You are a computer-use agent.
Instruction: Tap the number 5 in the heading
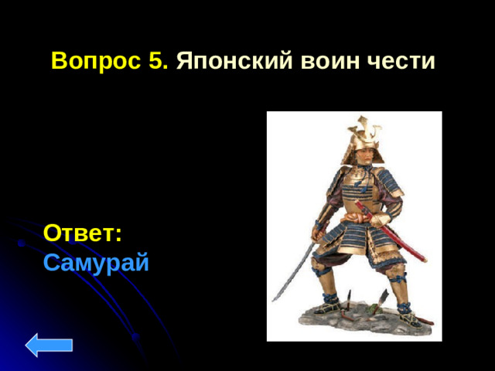pyautogui.click(x=159, y=61)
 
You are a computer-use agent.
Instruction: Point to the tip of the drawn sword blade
pyautogui.click(x=273, y=301)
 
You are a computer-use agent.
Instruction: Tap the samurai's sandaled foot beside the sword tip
pyautogui.click(x=329, y=305)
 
